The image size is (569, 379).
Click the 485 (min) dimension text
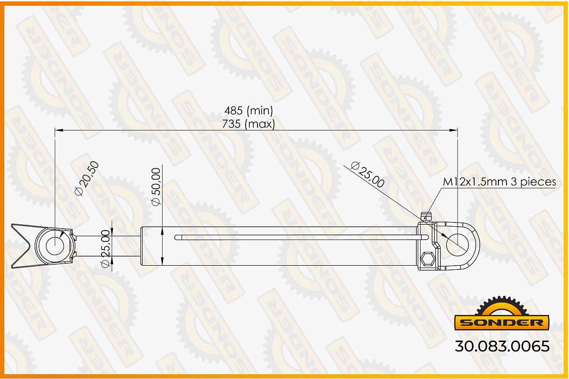pos(248,111)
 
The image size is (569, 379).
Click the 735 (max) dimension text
pos(248,124)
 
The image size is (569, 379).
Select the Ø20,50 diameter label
pos(87,178)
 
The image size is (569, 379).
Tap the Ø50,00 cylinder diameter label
pos(156,186)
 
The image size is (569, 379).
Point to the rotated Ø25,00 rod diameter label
pos(105,249)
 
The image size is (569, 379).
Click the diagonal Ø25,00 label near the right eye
pos(367,175)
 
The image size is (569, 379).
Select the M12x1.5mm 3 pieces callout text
pos(499,182)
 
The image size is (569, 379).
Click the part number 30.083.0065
pos(502,346)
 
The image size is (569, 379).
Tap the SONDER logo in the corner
pos(502,314)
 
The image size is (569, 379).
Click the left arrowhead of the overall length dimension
pos(59,130)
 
